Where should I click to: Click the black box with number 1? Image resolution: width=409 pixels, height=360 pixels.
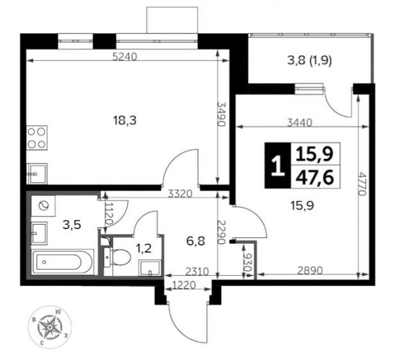point(277,167)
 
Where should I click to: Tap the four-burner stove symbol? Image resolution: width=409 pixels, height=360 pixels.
point(37,138)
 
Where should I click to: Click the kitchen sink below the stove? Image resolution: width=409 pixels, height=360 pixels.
point(36,172)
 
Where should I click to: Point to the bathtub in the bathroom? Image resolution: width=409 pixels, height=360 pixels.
point(65,262)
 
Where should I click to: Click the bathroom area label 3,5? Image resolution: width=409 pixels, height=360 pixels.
point(71,224)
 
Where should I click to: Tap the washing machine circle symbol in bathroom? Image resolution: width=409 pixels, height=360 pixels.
point(44,206)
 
